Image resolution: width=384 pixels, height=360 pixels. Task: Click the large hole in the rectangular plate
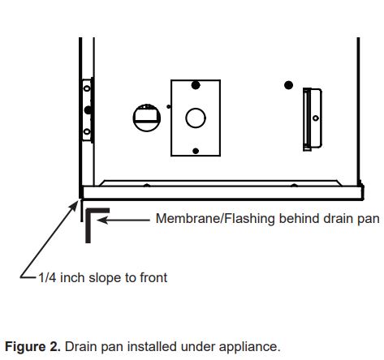pyautogui.click(x=195, y=118)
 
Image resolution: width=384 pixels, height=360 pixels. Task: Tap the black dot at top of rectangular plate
pyautogui.click(x=195, y=85)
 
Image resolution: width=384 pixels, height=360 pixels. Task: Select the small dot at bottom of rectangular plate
pyautogui.click(x=195, y=149)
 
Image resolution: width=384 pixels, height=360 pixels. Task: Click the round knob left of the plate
pyautogui.click(x=145, y=118)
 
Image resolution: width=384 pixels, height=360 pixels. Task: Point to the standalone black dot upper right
pyautogui.click(x=287, y=85)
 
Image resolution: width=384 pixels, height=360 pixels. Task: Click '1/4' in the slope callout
pyautogui.click(x=47, y=277)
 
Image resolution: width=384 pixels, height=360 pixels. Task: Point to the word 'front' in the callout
pyautogui.click(x=151, y=277)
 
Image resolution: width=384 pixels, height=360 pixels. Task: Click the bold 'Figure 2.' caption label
pyautogui.click(x=32, y=346)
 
